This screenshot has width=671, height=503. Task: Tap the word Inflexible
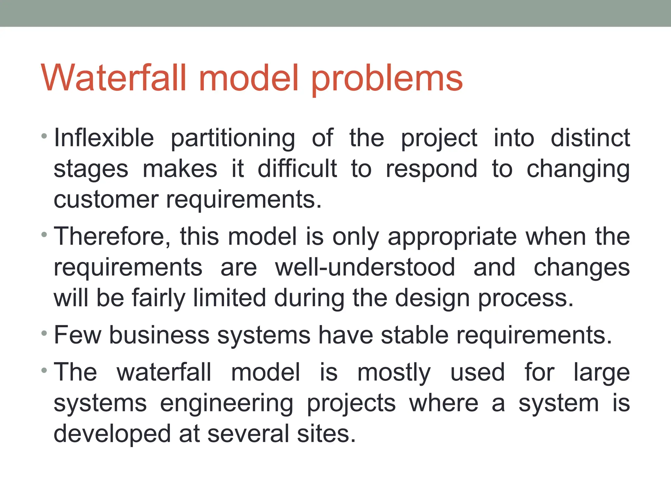[x=104, y=138]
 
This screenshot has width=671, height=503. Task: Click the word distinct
[x=590, y=138]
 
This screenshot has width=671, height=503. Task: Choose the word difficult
[x=297, y=169]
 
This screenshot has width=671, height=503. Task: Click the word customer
[x=106, y=200]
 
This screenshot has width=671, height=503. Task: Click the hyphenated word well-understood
[x=365, y=267]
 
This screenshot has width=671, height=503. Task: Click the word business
[x=159, y=335]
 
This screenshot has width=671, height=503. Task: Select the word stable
[x=414, y=335]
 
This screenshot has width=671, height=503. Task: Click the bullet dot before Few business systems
[x=44, y=334]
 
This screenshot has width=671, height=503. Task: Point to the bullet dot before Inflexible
[x=44, y=136]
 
